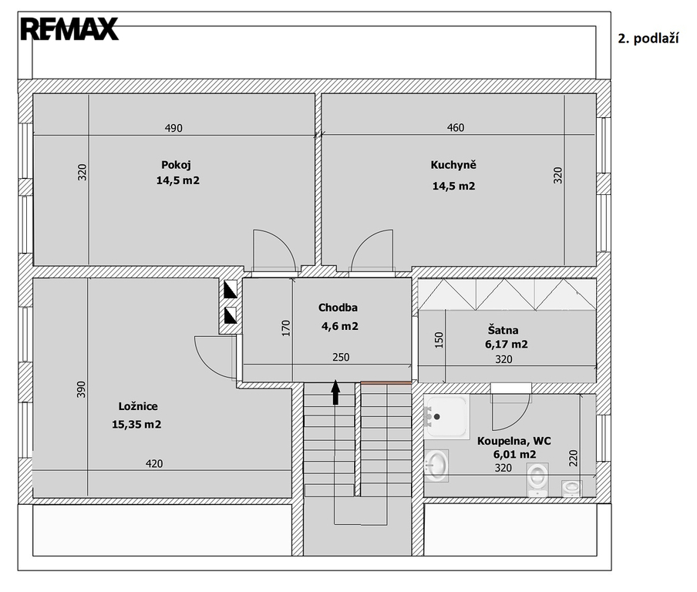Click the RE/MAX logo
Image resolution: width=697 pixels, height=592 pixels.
tap(69, 29)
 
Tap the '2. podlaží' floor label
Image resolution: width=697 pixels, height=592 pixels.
tap(648, 39)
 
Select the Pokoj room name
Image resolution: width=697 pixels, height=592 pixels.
tap(176, 165)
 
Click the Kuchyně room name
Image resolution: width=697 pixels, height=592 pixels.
tap(453, 164)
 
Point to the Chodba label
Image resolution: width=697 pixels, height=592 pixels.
tap(338, 307)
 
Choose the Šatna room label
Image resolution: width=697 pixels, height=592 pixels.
tap(503, 330)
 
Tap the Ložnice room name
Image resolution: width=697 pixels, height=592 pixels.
tap(138, 406)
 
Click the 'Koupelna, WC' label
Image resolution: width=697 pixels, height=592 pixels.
tap(513, 441)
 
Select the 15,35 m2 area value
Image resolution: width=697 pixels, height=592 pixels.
tap(136, 425)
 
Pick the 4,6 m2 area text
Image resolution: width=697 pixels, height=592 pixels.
tap(339, 326)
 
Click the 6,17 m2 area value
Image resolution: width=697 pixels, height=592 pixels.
tap(507, 344)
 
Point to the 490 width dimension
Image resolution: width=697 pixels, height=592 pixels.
tap(173, 128)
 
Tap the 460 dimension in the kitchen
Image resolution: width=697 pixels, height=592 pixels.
tap(456, 127)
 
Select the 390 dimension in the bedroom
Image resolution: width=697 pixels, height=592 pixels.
tap(81, 389)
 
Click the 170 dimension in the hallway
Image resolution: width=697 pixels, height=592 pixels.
tap(286, 328)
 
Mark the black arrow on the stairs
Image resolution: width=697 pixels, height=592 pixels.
tap(335, 392)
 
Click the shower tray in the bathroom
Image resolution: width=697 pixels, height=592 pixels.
tap(446, 417)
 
